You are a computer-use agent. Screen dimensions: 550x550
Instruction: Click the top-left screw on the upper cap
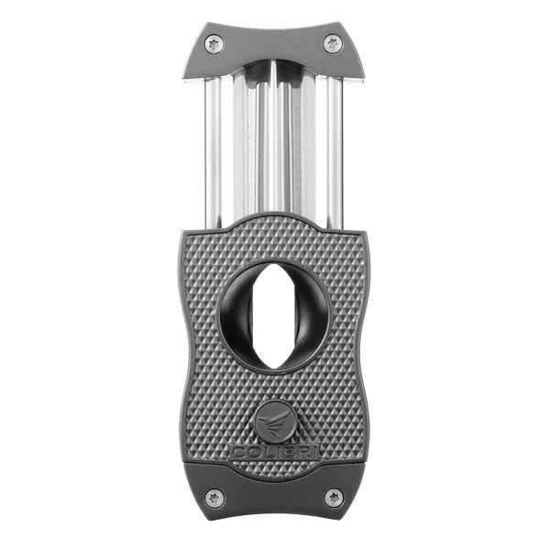tap(213, 42)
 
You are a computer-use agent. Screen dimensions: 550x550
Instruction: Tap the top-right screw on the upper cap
tap(332, 42)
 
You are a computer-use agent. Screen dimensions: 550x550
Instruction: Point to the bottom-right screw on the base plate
tap(335, 497)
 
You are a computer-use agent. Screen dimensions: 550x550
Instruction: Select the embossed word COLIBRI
tap(275, 452)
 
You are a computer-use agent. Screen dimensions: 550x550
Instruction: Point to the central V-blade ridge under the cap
tap(274, 137)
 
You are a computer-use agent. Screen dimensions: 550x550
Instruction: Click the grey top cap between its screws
tap(272, 46)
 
